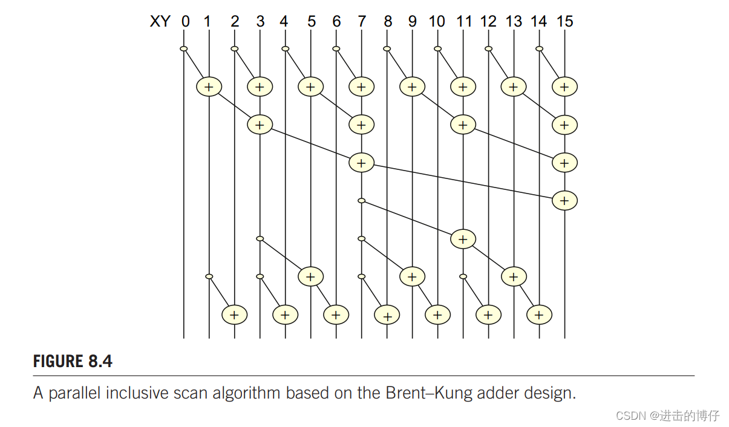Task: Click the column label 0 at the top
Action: click(x=185, y=22)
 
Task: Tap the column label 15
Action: click(x=564, y=22)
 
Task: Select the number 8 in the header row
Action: click(x=388, y=22)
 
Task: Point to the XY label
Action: click(x=160, y=22)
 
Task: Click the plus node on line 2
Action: click(x=235, y=315)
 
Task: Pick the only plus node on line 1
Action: click(x=209, y=87)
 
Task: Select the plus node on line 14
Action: click(x=539, y=315)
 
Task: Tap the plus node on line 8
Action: click(x=387, y=315)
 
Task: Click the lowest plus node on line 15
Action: click(x=564, y=200)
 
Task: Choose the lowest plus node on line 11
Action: click(x=463, y=239)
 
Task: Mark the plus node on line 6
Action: click(x=336, y=315)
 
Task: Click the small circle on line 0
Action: click(x=184, y=49)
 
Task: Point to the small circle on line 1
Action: click(x=209, y=276)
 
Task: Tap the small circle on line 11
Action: click(x=463, y=276)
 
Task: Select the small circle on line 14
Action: click(x=539, y=49)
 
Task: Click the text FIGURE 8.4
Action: click(x=73, y=362)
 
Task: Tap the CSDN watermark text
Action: click(x=667, y=416)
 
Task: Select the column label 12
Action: click(x=488, y=22)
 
